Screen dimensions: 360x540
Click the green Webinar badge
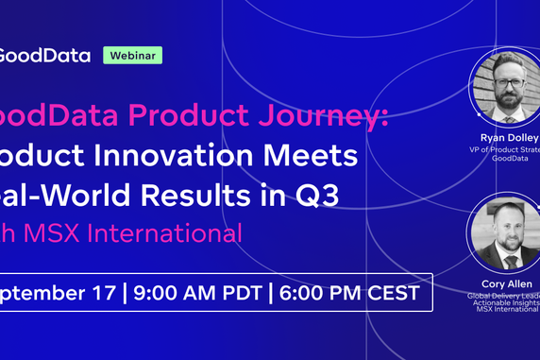point(132,55)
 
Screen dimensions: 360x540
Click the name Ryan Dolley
point(509,137)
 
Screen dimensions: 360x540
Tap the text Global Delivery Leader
point(506,295)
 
